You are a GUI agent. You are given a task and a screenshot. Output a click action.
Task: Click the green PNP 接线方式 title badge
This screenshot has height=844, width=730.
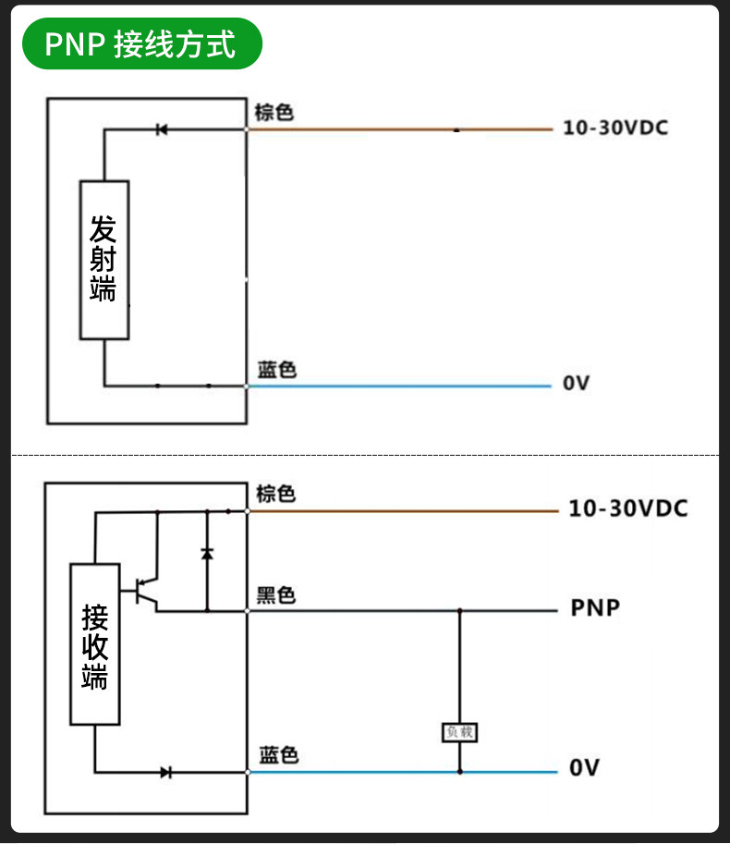pyautogui.click(x=142, y=43)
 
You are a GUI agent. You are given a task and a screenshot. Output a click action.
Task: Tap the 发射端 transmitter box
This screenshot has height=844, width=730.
pyautogui.click(x=104, y=260)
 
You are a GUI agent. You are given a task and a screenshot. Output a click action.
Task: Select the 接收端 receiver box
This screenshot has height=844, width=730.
pyautogui.click(x=95, y=644)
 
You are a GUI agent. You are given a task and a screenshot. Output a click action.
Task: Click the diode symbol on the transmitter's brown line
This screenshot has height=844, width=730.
pyautogui.click(x=162, y=129)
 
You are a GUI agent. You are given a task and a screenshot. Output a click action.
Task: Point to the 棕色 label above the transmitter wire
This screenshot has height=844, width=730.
pyautogui.click(x=274, y=113)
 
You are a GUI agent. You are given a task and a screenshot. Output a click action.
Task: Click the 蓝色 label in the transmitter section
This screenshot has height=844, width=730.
pyautogui.click(x=277, y=370)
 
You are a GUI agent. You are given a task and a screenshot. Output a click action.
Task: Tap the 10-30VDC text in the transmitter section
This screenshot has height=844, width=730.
pyautogui.click(x=615, y=128)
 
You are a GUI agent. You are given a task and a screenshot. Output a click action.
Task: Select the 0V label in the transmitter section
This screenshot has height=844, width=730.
pyautogui.click(x=577, y=383)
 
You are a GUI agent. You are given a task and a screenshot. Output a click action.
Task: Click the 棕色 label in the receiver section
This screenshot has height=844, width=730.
pyautogui.click(x=275, y=494)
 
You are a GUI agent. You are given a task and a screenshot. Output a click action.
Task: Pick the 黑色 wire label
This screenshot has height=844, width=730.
pyautogui.click(x=276, y=595)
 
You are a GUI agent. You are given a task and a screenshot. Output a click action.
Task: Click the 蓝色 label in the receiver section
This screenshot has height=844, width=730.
pyautogui.click(x=279, y=754)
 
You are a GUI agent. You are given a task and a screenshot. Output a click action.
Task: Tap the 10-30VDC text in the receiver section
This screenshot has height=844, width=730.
pyautogui.click(x=628, y=508)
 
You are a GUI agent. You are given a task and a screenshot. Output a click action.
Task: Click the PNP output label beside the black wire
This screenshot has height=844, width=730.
pyautogui.click(x=595, y=607)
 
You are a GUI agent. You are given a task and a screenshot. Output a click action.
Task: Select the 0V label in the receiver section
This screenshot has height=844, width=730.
pyautogui.click(x=584, y=767)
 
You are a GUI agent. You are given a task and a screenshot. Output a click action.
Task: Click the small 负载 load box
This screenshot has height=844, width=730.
pyautogui.click(x=459, y=732)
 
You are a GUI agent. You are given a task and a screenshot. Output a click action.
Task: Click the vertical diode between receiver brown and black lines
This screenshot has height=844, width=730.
pyautogui.click(x=207, y=554)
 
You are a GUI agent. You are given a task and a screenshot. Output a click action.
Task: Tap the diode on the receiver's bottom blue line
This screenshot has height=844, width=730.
pyautogui.click(x=166, y=773)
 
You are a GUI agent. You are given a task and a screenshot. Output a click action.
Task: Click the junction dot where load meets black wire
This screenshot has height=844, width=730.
pyautogui.click(x=460, y=611)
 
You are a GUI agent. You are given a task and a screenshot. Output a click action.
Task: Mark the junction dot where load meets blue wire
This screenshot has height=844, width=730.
pyautogui.click(x=460, y=772)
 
